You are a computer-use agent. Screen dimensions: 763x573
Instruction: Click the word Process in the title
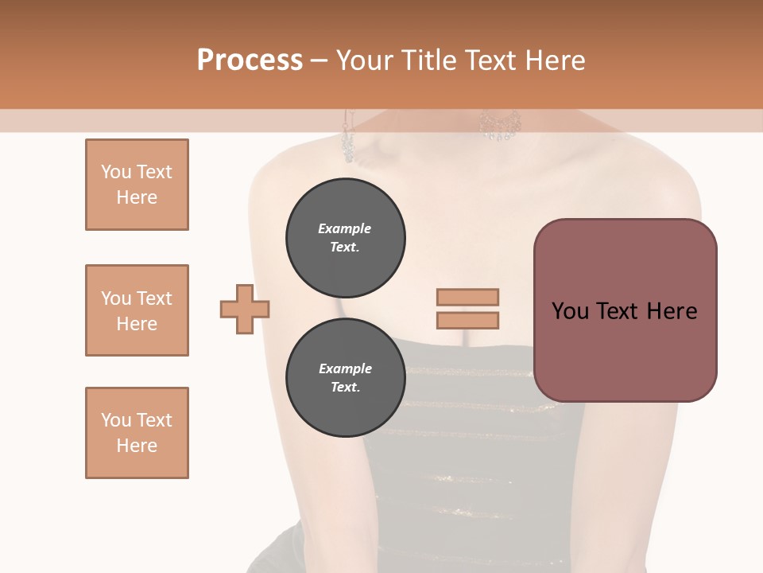click(250, 60)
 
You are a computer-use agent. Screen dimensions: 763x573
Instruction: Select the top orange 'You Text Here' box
click(137, 185)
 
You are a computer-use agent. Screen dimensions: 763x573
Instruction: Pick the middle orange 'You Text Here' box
click(137, 310)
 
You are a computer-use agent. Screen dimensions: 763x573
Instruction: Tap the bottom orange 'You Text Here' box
click(137, 433)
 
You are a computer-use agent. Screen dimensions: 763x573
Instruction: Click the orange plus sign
click(245, 308)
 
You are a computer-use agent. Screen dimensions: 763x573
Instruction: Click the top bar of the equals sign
click(467, 298)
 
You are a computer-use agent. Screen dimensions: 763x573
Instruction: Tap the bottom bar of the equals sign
click(467, 320)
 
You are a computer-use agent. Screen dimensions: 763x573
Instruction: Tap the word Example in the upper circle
click(345, 228)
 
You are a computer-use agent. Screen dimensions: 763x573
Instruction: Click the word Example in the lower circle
click(345, 368)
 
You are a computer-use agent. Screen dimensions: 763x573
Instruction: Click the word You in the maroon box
click(570, 311)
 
